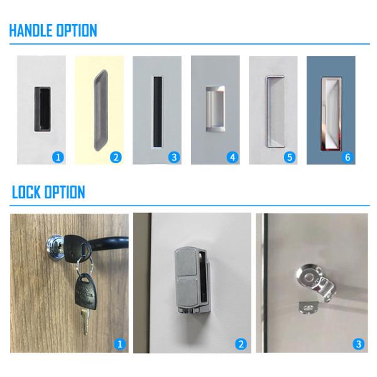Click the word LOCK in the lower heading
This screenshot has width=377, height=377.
[26, 192]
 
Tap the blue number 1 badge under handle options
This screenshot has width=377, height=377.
[58, 157]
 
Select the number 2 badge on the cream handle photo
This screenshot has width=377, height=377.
[116, 157]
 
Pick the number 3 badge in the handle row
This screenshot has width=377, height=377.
[174, 157]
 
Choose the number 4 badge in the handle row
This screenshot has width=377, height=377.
[232, 157]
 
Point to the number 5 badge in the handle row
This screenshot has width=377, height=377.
[290, 157]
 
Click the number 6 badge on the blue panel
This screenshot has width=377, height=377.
[347, 157]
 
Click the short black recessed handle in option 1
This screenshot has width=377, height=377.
[42, 109]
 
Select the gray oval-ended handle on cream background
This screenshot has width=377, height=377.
[101, 111]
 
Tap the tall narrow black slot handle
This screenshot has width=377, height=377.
[158, 112]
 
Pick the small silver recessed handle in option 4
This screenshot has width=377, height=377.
[216, 109]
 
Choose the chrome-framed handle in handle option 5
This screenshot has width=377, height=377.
[275, 111]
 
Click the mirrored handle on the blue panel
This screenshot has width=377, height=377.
[332, 114]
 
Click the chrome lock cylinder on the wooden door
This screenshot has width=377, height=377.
[54, 245]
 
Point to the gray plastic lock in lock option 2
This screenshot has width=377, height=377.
[192, 281]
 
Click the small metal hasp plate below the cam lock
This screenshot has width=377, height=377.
[308, 308]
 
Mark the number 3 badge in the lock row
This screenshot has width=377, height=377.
[359, 344]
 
